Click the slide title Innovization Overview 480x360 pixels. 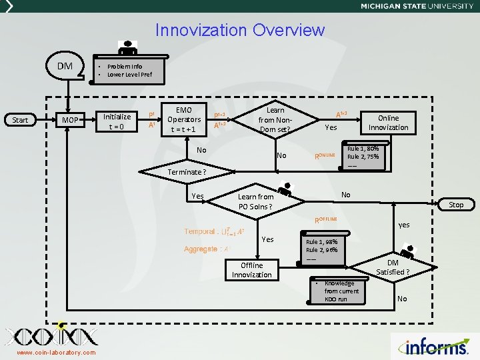point(239,30)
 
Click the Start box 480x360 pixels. point(21,120)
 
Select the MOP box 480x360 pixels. point(70,120)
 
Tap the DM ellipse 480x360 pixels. point(65,66)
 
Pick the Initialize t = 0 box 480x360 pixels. point(117,120)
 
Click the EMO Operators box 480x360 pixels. point(183,119)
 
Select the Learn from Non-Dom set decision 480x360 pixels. point(275,119)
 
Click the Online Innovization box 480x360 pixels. point(388,123)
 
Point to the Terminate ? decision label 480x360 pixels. point(187,172)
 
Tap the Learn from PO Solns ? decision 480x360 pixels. point(256,201)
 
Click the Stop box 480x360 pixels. point(456,205)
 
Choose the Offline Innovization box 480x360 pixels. point(252,270)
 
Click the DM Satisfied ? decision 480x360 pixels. point(393,268)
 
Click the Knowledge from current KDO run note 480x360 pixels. point(341,291)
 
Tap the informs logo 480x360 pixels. point(436,346)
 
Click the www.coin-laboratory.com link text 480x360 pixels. point(56,353)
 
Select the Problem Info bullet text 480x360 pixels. point(125,67)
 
